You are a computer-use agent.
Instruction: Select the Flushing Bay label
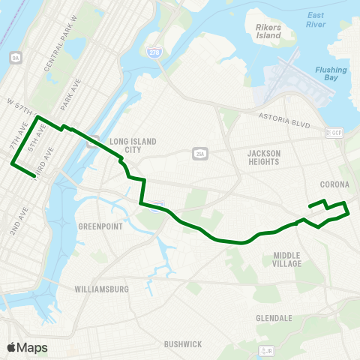[x=330, y=74]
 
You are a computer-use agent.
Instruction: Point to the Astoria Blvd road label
[x=283, y=118]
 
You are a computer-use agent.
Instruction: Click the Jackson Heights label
[x=263, y=157]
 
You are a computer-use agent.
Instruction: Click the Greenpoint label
[x=100, y=226]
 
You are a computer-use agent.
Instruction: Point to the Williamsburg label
[x=102, y=289]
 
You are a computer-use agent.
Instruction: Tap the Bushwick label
[x=183, y=344]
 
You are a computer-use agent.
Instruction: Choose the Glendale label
[x=274, y=318]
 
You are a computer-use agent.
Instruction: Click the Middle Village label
[x=287, y=259]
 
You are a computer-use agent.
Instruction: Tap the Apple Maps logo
[x=27, y=347]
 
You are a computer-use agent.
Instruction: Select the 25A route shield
[x=199, y=154]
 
